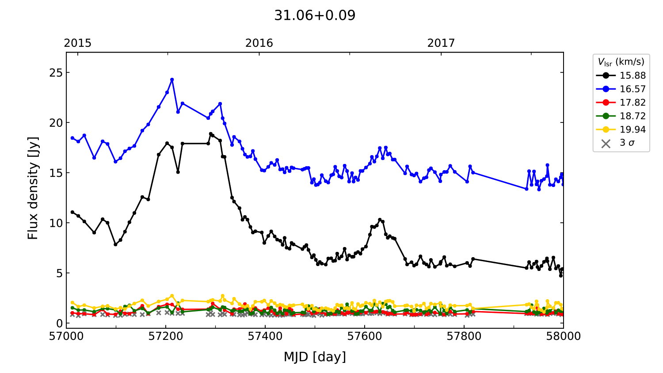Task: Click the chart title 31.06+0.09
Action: pos(315,15)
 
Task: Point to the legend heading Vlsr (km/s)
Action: pos(621,62)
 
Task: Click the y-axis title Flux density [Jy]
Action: pos(33,188)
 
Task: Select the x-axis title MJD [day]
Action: pos(315,357)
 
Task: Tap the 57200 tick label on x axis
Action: pos(166,336)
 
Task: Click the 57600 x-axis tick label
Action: pos(365,336)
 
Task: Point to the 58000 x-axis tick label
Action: pos(563,336)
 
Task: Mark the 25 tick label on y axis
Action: pos(56,72)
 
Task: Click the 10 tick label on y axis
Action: pos(56,223)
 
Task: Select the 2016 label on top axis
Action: pos(259,43)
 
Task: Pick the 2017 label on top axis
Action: pos(441,43)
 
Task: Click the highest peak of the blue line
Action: pos(172,80)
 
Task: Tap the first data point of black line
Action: pos(72,212)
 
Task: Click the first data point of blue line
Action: pos(72,138)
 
